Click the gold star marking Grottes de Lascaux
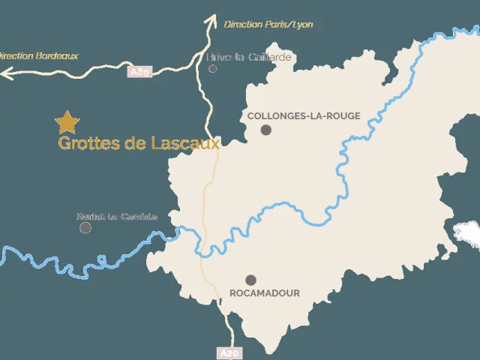67,121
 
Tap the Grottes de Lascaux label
139,143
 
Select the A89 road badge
140,72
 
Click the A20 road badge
229,352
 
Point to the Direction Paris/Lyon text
268,25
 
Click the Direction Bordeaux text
37,55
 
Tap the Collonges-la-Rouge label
304,116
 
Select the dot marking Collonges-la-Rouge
265,130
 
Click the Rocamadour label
265,293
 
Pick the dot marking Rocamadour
250,280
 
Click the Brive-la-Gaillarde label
248,57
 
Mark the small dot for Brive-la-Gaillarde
213,68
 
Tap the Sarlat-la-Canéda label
117,217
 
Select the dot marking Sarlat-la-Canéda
85,227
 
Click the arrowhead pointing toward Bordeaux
6,73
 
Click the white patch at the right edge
468,233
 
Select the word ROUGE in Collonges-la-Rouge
341,116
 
